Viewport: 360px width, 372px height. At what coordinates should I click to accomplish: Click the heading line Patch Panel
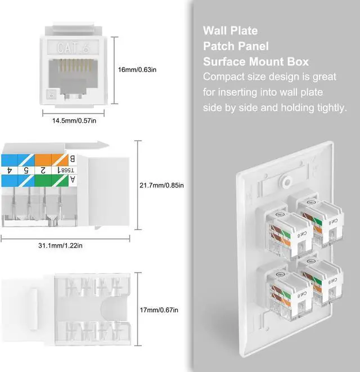tap(236, 46)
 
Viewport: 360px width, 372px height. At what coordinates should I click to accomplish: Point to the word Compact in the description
tap(224, 77)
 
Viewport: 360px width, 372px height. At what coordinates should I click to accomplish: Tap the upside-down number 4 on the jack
tap(10, 169)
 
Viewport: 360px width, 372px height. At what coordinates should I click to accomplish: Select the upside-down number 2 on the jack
tap(43, 169)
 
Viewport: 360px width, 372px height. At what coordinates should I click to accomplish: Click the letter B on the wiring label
tap(72, 158)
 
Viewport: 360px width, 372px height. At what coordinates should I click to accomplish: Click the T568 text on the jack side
tap(70, 169)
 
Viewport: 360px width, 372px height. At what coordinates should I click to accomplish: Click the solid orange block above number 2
tap(43, 158)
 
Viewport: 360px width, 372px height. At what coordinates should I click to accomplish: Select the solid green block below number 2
tap(43, 180)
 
